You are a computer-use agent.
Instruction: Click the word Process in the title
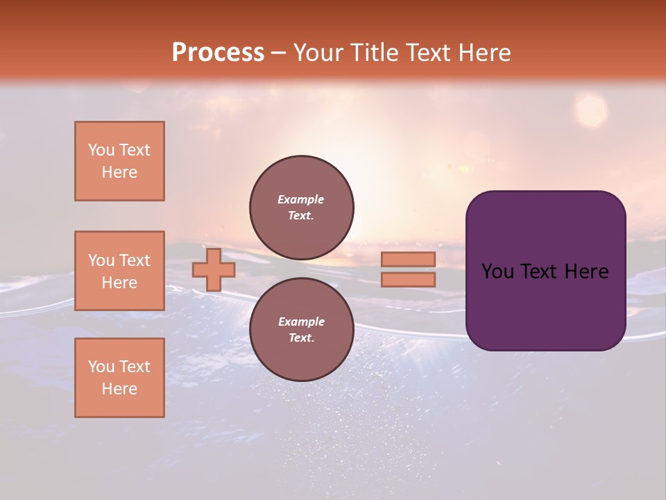point(218,53)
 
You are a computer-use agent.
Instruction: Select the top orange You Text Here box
point(119,161)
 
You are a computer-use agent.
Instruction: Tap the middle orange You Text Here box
point(119,271)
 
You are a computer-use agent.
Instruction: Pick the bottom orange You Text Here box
point(119,378)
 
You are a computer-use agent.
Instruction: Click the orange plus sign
point(214,269)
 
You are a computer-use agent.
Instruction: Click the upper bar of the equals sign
point(408,259)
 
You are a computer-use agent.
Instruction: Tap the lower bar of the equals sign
point(408,279)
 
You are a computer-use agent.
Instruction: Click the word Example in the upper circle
point(301,199)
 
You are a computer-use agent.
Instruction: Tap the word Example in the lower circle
point(301,322)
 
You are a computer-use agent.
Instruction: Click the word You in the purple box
point(498,272)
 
